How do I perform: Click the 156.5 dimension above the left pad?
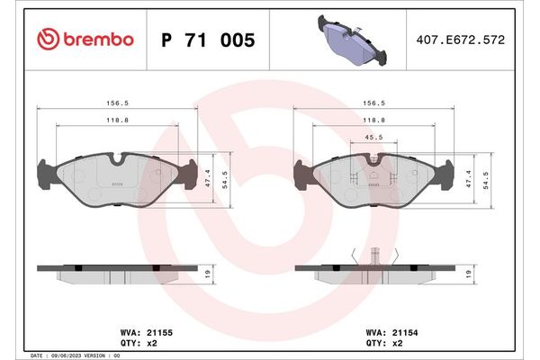[116, 103]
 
